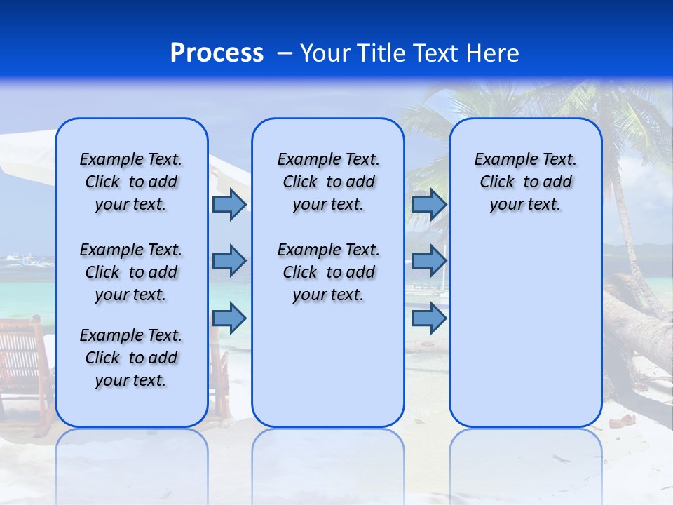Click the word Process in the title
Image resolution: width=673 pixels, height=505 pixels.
pos(217,53)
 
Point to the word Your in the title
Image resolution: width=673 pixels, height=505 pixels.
pos(326,53)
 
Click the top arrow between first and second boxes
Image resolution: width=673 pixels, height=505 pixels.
pos(229,204)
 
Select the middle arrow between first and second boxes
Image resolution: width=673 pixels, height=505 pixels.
pos(229,261)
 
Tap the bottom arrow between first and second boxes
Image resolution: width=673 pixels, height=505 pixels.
pos(229,318)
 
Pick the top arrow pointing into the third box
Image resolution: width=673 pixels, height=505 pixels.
pos(429,204)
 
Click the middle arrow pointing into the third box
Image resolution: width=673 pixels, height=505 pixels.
pos(429,261)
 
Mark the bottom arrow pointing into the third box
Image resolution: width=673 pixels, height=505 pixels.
pos(429,318)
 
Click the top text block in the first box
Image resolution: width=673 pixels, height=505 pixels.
pos(131,182)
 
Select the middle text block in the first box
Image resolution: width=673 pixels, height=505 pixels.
pos(131,272)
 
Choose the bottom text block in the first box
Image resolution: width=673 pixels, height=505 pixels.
pos(131,358)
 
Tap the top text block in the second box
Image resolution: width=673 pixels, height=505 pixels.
pos(328,182)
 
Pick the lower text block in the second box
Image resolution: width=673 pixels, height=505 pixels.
pos(328,272)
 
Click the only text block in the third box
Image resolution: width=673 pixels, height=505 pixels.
pos(525,182)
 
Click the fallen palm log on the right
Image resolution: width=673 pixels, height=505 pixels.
pos(638,323)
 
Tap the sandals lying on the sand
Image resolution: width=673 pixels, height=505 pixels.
pos(620,422)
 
